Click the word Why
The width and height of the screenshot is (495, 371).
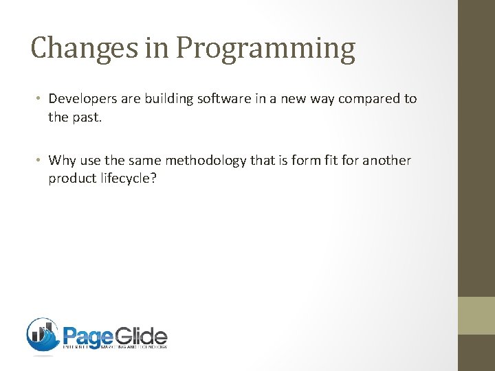(63, 160)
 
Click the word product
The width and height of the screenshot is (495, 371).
(71, 179)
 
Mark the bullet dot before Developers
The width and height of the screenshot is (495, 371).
(41, 99)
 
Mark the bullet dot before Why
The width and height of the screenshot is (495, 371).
(41, 161)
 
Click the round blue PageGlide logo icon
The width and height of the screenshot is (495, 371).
(43, 335)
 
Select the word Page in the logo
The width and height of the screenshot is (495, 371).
(87, 336)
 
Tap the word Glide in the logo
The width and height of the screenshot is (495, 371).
(141, 336)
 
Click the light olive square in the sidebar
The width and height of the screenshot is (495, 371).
(476, 315)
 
